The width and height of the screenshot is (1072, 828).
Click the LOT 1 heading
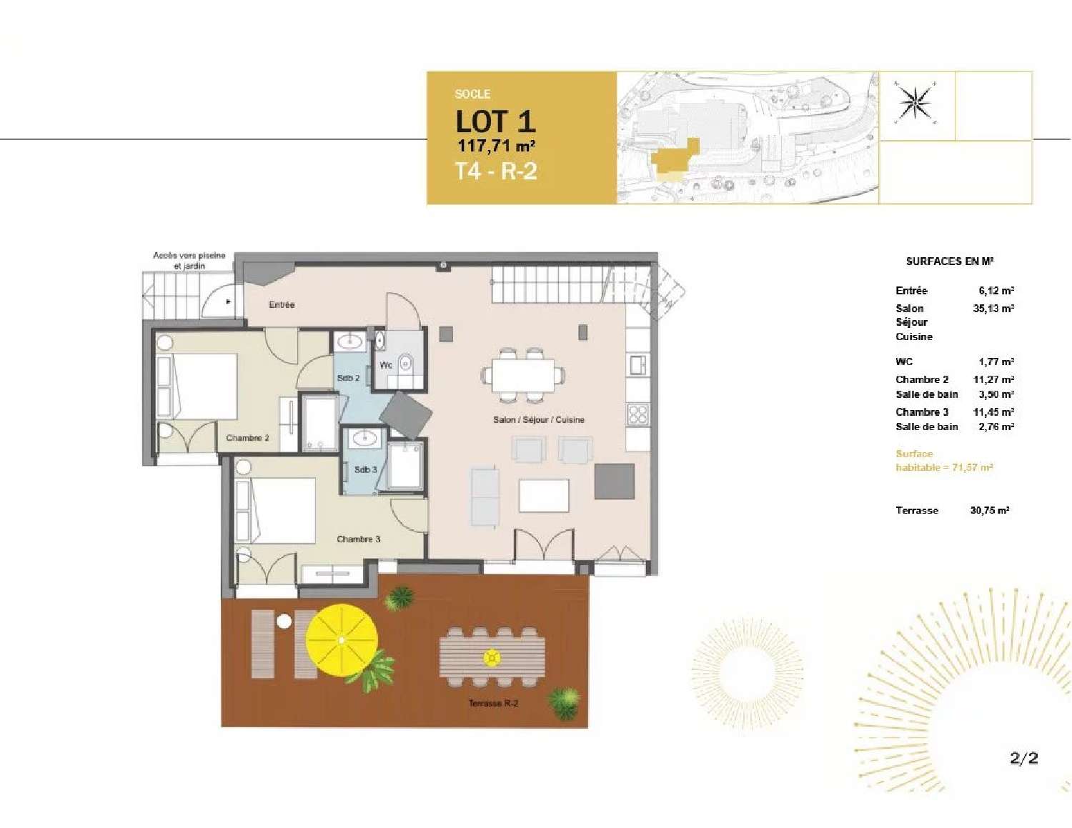(495, 121)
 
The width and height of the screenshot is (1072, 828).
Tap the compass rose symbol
(915, 103)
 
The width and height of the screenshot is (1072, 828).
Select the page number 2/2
(1023, 758)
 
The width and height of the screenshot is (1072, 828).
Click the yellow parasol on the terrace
(342, 641)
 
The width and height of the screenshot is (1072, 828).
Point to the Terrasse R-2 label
(493, 703)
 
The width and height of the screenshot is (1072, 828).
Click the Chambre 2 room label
(247, 438)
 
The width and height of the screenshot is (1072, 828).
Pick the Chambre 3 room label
(358, 539)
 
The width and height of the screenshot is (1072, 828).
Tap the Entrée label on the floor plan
(282, 305)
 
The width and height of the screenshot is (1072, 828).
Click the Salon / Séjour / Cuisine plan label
(538, 420)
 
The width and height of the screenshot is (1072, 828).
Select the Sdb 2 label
(348, 378)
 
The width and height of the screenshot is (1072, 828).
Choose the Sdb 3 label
(365, 470)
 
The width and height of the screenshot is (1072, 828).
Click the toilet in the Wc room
(405, 364)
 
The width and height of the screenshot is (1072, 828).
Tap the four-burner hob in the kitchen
(637, 414)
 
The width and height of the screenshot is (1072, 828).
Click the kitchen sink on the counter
(637, 365)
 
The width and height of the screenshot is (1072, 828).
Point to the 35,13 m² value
(993, 309)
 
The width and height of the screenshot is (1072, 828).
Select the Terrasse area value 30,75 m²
(989, 510)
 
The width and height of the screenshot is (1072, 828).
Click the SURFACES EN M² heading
(949, 261)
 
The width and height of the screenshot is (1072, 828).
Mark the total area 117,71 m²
(496, 146)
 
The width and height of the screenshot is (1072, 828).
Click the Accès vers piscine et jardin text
(189, 260)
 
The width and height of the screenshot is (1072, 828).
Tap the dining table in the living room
(522, 374)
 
